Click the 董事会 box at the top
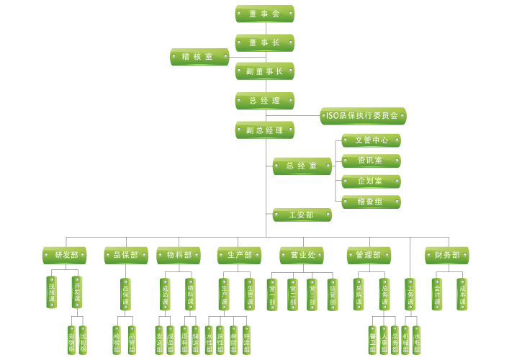pyautogui.click(x=264, y=14)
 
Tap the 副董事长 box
pyautogui.click(x=264, y=71)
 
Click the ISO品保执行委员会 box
pyautogui.click(x=363, y=116)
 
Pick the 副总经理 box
pyautogui.click(x=264, y=130)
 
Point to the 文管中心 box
pyautogui.click(x=370, y=140)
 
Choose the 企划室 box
pyautogui.click(x=370, y=181)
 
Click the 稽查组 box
pyautogui.click(x=370, y=202)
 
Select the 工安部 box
pyautogui.click(x=302, y=215)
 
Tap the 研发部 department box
pyautogui.click(x=66, y=255)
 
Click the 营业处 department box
pyautogui.click(x=302, y=255)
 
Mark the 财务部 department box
pyautogui.click(x=446, y=255)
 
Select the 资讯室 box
pyautogui.click(x=370, y=161)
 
